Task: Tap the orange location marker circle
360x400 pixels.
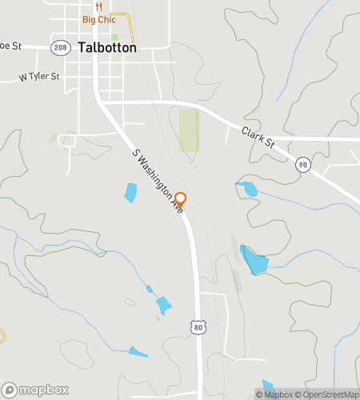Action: (181, 199)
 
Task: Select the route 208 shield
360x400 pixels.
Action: (59, 48)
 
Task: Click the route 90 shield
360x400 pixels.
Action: (302, 164)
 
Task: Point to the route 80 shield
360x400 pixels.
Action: (199, 327)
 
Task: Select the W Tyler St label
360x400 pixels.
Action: (39, 77)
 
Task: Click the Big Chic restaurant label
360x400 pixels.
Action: (98, 19)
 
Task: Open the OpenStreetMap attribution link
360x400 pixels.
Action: (330, 394)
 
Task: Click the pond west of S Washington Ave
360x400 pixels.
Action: (130, 192)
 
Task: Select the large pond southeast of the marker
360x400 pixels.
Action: (254, 260)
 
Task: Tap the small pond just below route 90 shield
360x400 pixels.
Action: (248, 190)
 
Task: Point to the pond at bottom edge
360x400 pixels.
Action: (268, 388)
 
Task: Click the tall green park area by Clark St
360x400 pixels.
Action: (188, 130)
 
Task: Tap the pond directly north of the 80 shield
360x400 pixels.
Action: (163, 305)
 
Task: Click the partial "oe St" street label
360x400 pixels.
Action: (9, 46)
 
